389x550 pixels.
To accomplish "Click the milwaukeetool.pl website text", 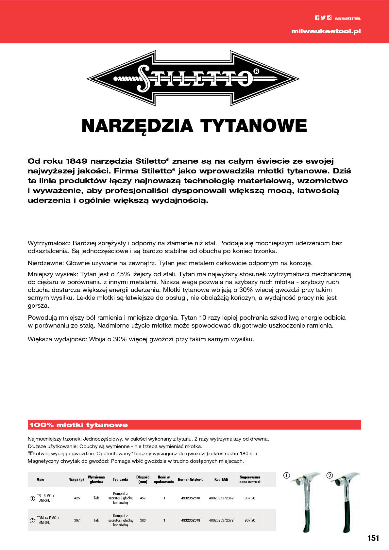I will (x=326, y=31).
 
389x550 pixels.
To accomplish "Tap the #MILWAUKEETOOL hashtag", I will (x=347, y=19).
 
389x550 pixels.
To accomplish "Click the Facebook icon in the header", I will (x=317, y=18).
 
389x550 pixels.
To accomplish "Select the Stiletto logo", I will (x=193, y=78).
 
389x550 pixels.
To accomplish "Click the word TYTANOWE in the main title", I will (x=254, y=126).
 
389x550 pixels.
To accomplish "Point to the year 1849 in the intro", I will (x=76, y=161).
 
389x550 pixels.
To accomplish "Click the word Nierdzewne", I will (x=45, y=263).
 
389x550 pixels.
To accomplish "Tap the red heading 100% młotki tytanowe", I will (x=79, y=425).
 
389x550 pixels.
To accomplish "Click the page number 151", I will (x=373, y=538).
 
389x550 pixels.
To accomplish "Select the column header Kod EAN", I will (x=221, y=479).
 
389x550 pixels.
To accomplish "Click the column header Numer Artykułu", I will (x=191, y=479).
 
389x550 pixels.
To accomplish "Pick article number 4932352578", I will (x=191, y=498).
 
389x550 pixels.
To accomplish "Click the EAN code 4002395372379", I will (x=221, y=520).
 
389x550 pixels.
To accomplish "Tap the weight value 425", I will (x=77, y=498).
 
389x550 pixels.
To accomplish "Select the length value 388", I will (x=143, y=520).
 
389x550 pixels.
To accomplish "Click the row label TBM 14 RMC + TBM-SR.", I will (x=48, y=520).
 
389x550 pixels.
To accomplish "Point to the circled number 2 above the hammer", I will (x=330, y=476).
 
